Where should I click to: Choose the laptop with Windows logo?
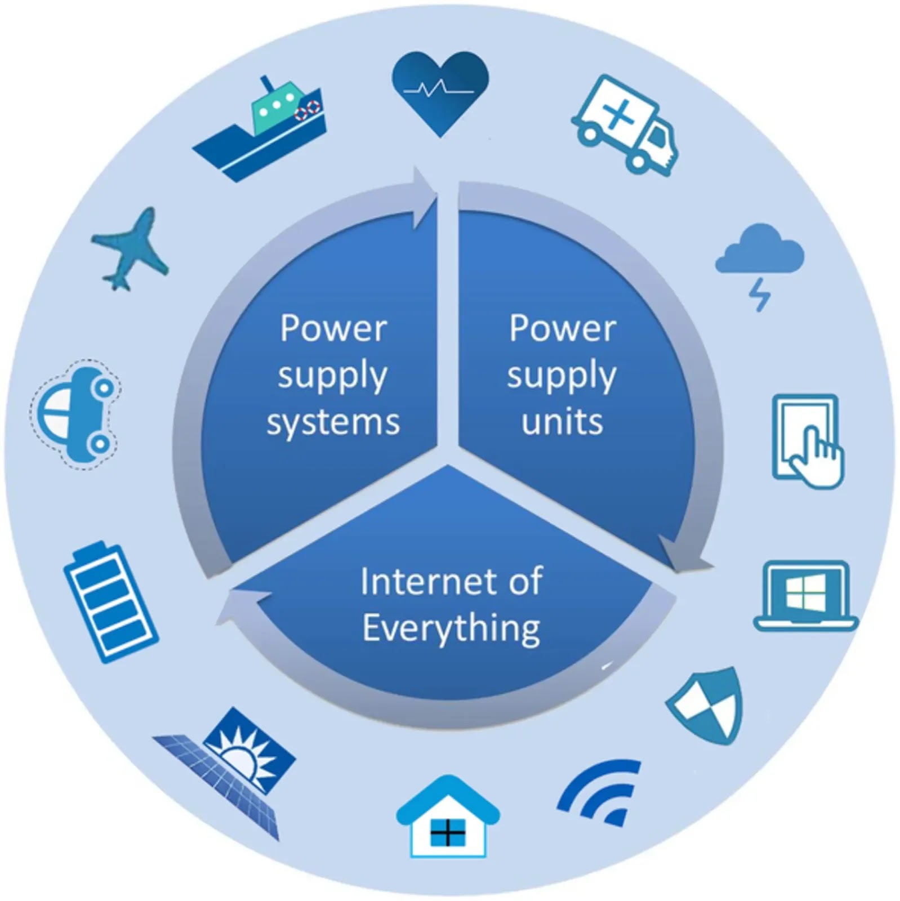[x=805, y=595]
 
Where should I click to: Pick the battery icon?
[x=110, y=601]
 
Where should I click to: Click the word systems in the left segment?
[x=333, y=422]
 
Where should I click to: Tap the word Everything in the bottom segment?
[x=451, y=628]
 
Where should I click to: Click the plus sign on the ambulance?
[x=618, y=114]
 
